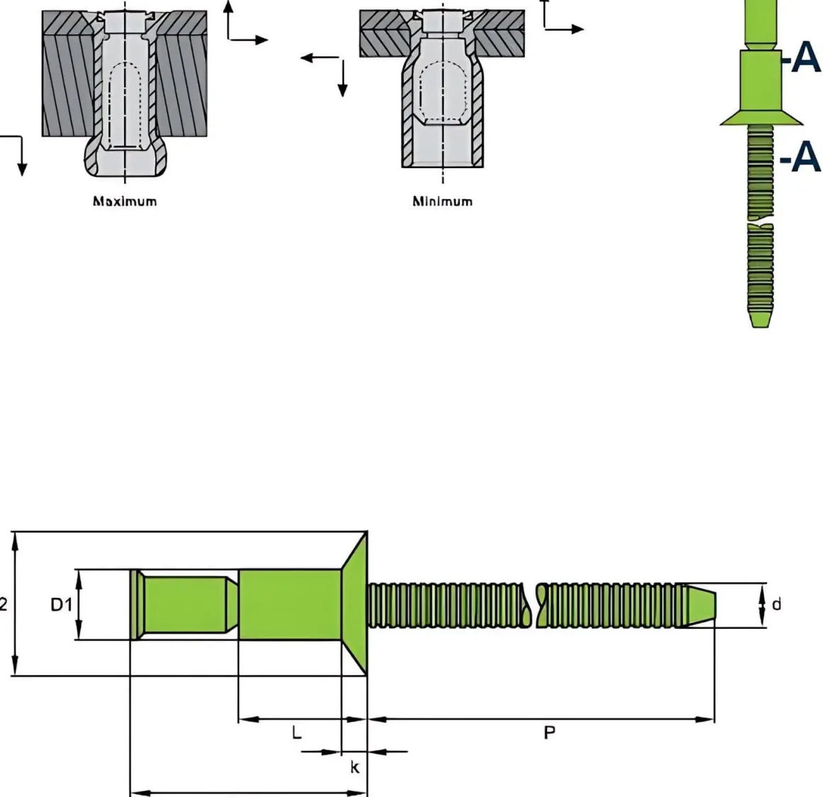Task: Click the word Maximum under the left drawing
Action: click(125, 201)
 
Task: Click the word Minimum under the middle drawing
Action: click(442, 201)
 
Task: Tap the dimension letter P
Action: click(549, 733)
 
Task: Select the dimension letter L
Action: click(297, 732)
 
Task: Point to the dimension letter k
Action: click(355, 767)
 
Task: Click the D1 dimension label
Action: click(61, 605)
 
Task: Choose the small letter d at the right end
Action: click(776, 605)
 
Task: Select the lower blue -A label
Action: click(800, 157)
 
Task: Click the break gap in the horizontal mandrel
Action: click(534, 605)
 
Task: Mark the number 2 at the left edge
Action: click(4, 605)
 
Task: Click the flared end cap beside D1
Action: click(136, 605)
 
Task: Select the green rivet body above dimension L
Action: click(289, 604)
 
